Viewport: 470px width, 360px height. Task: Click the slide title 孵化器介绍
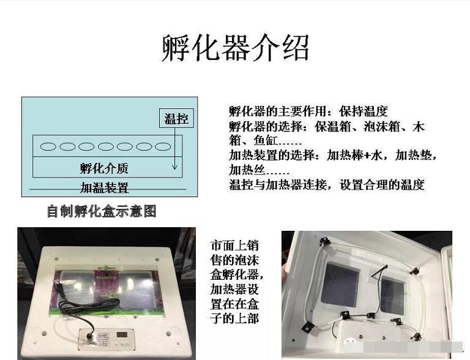pos(236,48)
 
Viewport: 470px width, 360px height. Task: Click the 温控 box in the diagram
pos(176,119)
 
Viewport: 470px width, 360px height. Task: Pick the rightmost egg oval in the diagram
pos(162,146)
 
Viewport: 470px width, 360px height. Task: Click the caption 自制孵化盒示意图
pos(102,211)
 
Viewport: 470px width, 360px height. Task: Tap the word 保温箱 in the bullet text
pos(334,127)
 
